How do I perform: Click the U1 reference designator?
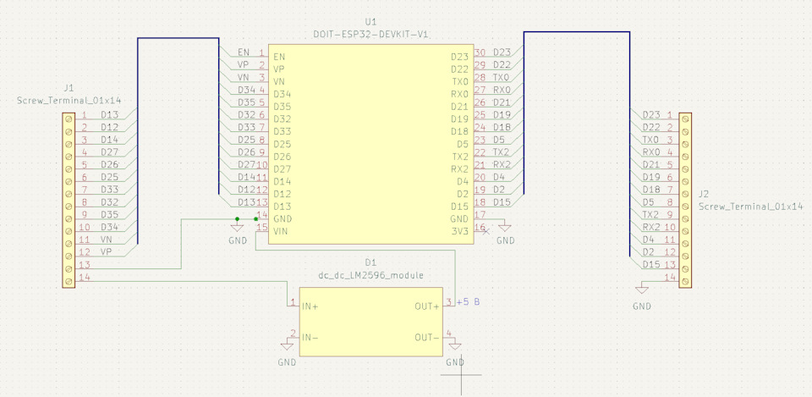370,22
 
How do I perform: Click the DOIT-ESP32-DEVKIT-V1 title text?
371,34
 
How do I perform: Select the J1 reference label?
69,88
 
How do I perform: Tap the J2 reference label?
704,195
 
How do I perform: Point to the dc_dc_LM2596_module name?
370,275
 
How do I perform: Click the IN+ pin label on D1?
310,306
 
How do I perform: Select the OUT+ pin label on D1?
427,306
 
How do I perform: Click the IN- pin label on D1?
310,338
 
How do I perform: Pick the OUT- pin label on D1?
427,338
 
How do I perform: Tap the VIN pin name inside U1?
281,231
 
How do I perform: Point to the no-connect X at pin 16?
486,231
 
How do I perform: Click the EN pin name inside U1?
279,57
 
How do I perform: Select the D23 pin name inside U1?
459,57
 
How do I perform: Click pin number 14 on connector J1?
85,278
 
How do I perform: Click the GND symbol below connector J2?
642,289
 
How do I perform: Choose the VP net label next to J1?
107,252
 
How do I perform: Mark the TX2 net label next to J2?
651,214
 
